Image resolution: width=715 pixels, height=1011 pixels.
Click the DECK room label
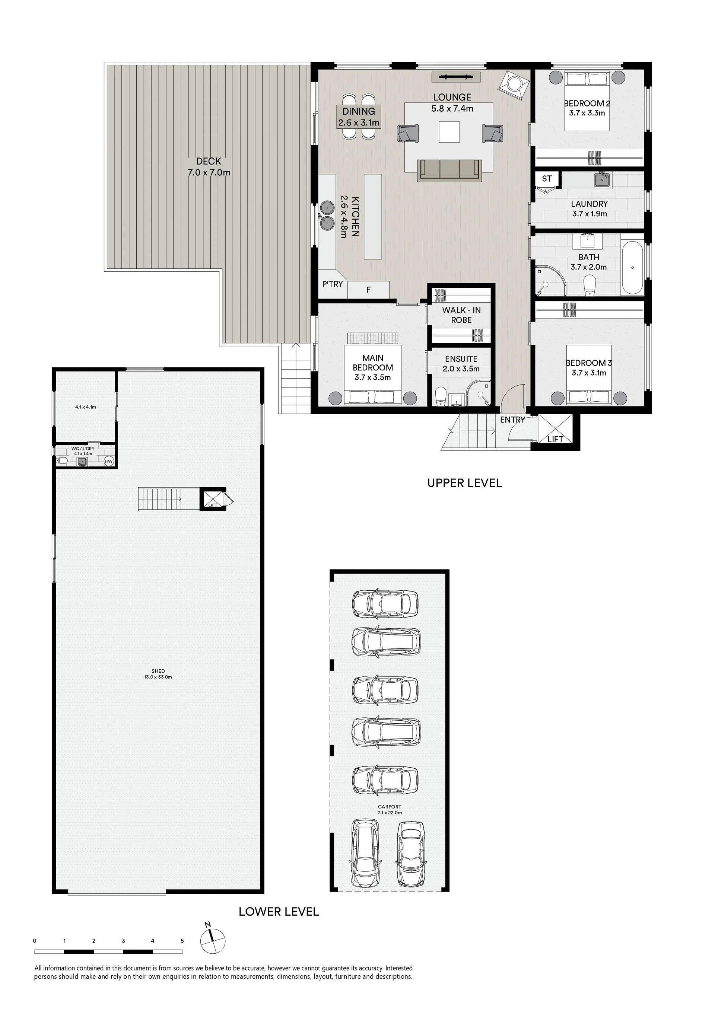click(x=209, y=161)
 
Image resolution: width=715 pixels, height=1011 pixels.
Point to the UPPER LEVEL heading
click(x=464, y=483)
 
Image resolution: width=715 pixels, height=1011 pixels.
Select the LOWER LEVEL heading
click(x=279, y=908)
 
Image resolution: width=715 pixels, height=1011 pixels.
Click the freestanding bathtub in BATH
click(x=632, y=268)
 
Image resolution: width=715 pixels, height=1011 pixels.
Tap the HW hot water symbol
click(x=109, y=461)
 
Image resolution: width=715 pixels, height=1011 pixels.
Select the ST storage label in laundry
click(x=547, y=178)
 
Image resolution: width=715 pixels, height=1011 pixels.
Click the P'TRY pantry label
click(x=332, y=284)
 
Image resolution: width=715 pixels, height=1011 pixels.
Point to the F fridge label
click(x=368, y=290)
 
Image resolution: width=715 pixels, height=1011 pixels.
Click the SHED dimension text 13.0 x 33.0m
click(x=158, y=677)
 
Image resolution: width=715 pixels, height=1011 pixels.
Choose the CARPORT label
click(x=390, y=807)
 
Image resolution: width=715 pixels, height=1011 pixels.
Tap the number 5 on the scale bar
click(x=182, y=941)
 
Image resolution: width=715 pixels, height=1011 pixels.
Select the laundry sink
click(x=602, y=179)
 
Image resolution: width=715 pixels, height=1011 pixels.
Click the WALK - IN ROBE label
click(x=461, y=315)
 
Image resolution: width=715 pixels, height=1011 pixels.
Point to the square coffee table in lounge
click(x=449, y=132)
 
